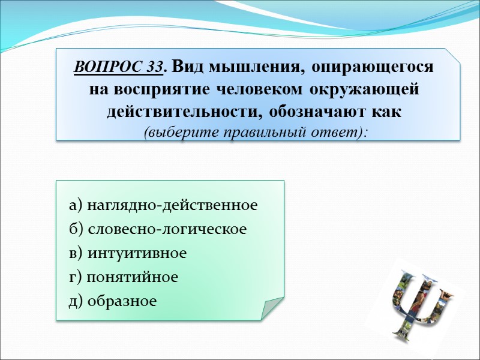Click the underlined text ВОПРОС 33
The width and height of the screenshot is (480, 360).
119,68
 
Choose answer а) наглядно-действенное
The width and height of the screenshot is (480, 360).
163,205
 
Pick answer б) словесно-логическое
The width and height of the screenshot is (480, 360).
158,229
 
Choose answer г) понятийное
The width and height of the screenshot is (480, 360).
124,277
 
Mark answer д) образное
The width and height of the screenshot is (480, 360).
113,301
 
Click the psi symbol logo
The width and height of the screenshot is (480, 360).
419,303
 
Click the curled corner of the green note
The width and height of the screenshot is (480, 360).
272,307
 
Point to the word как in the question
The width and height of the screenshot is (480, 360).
389,112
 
